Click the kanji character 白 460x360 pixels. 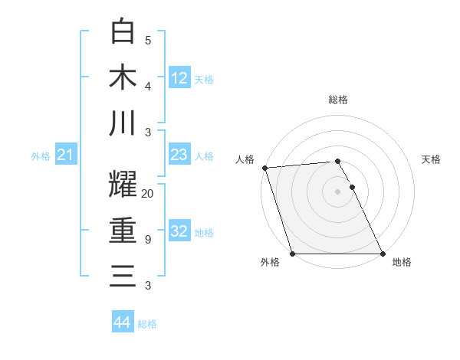pyautogui.click(x=123, y=32)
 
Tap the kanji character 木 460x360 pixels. pyautogui.click(x=123, y=77)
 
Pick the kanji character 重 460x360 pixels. pyautogui.click(x=123, y=231)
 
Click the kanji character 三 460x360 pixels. pyautogui.click(x=123, y=276)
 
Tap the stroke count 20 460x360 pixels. pyautogui.click(x=148, y=194)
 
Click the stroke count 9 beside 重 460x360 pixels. pyautogui.click(x=147, y=240)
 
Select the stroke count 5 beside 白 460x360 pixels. pyautogui.click(x=147, y=41)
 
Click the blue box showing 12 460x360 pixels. pyautogui.click(x=179, y=78)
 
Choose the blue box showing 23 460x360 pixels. pyautogui.click(x=179, y=155)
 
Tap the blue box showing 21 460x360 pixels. pyautogui.click(x=66, y=155)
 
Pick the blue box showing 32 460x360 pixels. pyautogui.click(x=179, y=231)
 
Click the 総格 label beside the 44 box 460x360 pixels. pyautogui.click(x=147, y=324)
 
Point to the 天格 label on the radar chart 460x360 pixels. pyautogui.click(x=432, y=159)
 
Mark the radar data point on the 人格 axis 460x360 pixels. pyautogui.click(x=264, y=168)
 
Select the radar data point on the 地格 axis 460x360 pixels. pyautogui.click(x=383, y=254)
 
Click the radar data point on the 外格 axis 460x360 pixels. pyautogui.click(x=292, y=254)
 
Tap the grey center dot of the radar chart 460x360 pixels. pyautogui.click(x=337, y=191)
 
